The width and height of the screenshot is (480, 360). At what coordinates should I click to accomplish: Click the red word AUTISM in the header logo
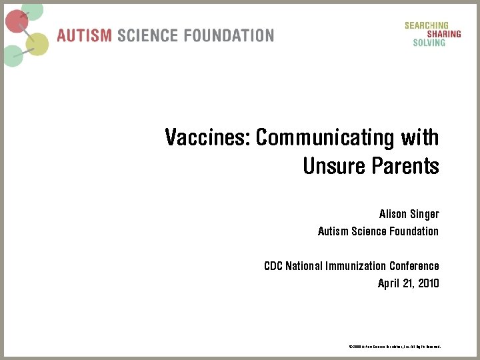85,35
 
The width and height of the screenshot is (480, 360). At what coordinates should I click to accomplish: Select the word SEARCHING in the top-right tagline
426,25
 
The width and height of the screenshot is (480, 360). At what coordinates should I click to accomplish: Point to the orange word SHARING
441,34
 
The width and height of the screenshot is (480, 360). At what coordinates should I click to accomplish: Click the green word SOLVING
429,43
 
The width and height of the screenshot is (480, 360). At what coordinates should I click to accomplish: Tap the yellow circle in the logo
38,44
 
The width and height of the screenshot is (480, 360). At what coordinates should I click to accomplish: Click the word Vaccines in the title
207,138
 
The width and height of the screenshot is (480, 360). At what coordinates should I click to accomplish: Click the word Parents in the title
407,165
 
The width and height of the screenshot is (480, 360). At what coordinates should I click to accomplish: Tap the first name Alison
393,215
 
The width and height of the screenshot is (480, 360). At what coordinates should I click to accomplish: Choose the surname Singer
425,215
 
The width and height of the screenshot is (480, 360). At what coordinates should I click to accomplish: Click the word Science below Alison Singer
366,231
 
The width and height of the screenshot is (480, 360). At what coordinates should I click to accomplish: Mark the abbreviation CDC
273,266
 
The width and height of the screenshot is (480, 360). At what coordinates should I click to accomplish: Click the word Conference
414,266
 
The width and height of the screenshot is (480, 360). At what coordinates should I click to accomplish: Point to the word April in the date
388,283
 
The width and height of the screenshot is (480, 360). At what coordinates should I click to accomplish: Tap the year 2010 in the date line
429,283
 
